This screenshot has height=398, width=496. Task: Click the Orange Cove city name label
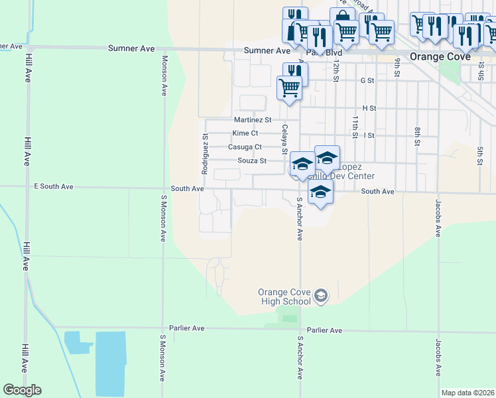point(440,56)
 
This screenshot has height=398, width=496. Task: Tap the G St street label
point(367,80)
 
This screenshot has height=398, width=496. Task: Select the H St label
point(369,108)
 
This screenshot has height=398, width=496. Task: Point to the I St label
point(369,135)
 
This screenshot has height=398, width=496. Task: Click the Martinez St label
point(253,120)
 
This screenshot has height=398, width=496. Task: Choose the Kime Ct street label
point(245,133)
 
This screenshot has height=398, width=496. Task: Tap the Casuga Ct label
point(245,147)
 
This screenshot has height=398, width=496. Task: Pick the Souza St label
point(252,161)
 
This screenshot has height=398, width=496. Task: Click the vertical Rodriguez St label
point(206,153)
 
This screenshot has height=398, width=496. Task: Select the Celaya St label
point(285,139)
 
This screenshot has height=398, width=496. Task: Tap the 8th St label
point(418,136)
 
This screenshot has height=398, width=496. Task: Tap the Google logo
point(23,390)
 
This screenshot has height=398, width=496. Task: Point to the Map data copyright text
point(467,393)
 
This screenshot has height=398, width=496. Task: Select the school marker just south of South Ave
point(320,193)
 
